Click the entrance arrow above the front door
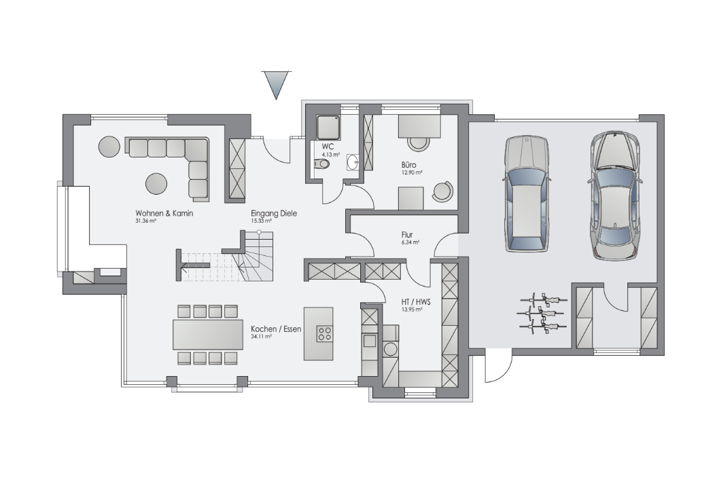pos(276,85)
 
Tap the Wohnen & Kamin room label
pos(164,213)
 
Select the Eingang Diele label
pos(274,213)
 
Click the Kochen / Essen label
pos(276,329)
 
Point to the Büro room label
pos(408,164)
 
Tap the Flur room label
pos(407,234)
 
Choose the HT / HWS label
pos(416,302)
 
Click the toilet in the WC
pos(322,164)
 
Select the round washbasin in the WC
pos(353,162)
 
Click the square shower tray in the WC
pos(328,127)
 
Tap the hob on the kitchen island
pos(324,333)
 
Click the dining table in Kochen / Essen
pos(208,335)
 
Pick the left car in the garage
pos(527,193)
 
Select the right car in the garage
pos(615,195)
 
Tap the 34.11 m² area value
pos(261,337)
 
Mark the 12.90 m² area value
pos(412,172)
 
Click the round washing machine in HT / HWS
pos(390,349)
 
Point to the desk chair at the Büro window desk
pos(419,144)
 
